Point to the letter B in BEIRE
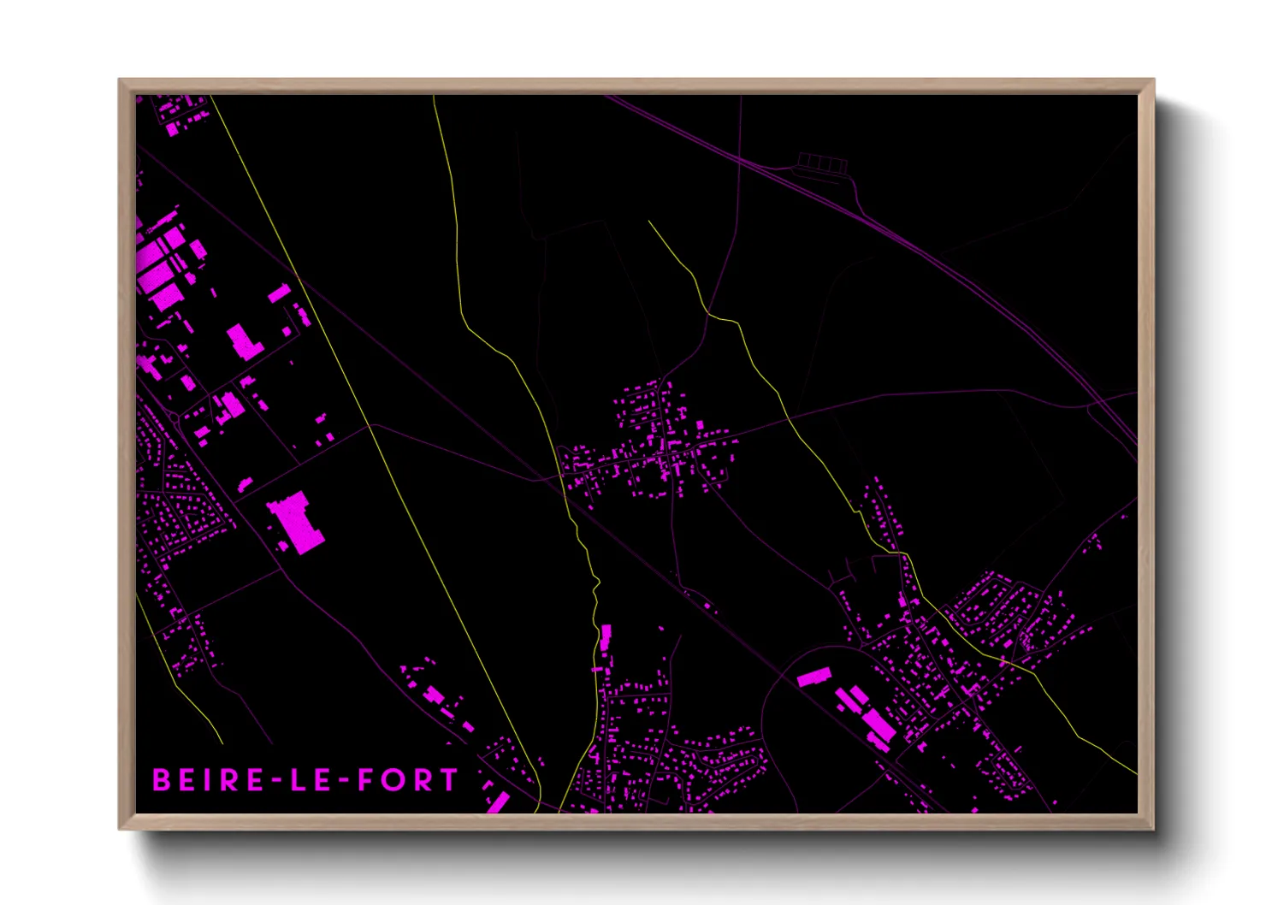click(x=160, y=780)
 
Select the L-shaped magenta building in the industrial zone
click(x=244, y=341)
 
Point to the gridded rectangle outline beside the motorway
click(x=821, y=163)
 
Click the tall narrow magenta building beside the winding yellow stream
click(x=606, y=638)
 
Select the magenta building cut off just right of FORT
click(x=498, y=803)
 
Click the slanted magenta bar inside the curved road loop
click(x=814, y=677)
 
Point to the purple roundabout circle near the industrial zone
click(x=176, y=417)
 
